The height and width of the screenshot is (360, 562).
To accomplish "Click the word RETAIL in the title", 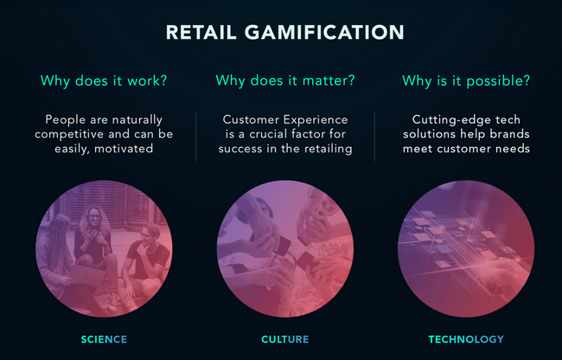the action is [x=201, y=32].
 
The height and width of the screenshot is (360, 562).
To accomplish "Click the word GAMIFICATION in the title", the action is [x=324, y=32].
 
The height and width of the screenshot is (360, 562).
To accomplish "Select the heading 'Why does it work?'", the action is [x=104, y=80].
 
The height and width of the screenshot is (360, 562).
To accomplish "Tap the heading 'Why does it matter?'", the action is [x=285, y=80].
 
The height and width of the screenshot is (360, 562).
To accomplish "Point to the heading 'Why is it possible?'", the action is [x=466, y=80].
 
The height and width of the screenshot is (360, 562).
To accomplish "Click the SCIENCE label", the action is [x=104, y=339].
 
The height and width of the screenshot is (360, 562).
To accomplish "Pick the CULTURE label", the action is [x=285, y=339].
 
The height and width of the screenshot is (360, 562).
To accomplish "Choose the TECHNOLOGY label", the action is [x=466, y=339].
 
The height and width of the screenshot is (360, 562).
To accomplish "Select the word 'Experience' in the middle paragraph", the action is [x=316, y=119].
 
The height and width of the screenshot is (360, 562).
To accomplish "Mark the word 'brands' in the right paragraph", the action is [x=509, y=134].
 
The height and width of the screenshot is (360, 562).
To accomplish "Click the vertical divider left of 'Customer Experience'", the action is [x=196, y=137].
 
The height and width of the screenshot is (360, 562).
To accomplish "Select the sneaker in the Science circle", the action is [x=114, y=302].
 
